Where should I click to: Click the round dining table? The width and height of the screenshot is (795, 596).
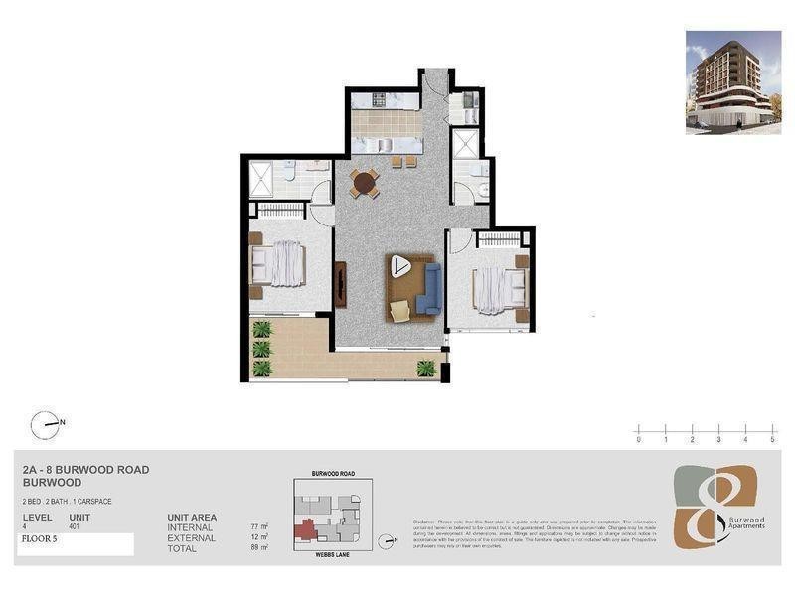point(364,183)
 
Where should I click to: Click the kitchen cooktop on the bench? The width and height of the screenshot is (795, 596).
point(382,99)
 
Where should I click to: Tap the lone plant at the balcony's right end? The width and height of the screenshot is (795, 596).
point(426,369)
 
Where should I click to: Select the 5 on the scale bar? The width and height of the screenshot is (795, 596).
point(772,438)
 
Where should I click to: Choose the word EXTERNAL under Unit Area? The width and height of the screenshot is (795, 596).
point(191,538)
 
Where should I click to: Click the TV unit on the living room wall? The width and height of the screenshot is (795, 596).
point(341,286)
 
